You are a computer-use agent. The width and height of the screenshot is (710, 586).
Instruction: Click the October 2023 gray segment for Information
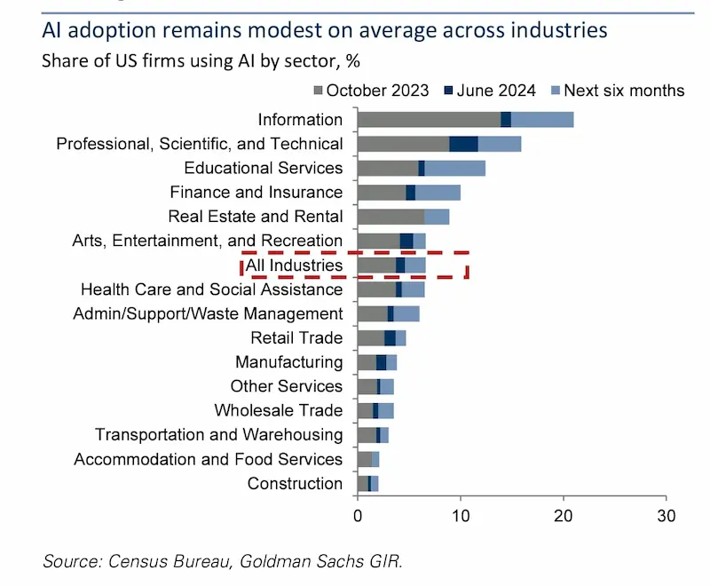pyautogui.click(x=429, y=120)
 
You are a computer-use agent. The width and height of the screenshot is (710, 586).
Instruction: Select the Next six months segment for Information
pyautogui.click(x=542, y=120)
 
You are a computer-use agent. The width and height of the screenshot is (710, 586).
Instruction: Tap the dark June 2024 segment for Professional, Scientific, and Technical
pyautogui.click(x=463, y=144)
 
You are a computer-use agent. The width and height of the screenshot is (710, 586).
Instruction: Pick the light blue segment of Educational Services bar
pyautogui.click(x=454, y=168)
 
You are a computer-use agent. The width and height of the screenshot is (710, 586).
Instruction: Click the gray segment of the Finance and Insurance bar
pyautogui.click(x=382, y=193)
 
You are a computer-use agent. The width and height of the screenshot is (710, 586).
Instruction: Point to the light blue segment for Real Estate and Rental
pyautogui.click(x=437, y=217)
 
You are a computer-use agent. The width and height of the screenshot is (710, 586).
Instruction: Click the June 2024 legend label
pyautogui.click(x=496, y=91)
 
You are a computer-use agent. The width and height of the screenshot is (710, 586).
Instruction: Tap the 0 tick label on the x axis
pyautogui.click(x=358, y=515)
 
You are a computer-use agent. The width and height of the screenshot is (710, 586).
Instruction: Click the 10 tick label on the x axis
pyautogui.click(x=461, y=515)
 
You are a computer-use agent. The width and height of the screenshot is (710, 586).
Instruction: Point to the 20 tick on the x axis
pyautogui.click(x=563, y=515)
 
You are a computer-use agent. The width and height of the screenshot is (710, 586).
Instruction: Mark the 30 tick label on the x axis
pyautogui.click(x=666, y=515)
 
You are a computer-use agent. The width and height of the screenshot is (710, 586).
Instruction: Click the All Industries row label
pyautogui.click(x=294, y=265)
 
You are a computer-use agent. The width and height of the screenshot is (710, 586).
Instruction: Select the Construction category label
pyautogui.click(x=295, y=484)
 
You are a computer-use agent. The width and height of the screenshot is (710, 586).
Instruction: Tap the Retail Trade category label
pyautogui.click(x=296, y=338)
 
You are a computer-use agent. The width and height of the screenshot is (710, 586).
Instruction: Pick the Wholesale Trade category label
pyautogui.click(x=278, y=411)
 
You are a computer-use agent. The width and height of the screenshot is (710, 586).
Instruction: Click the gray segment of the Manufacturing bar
pyautogui.click(x=367, y=362)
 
